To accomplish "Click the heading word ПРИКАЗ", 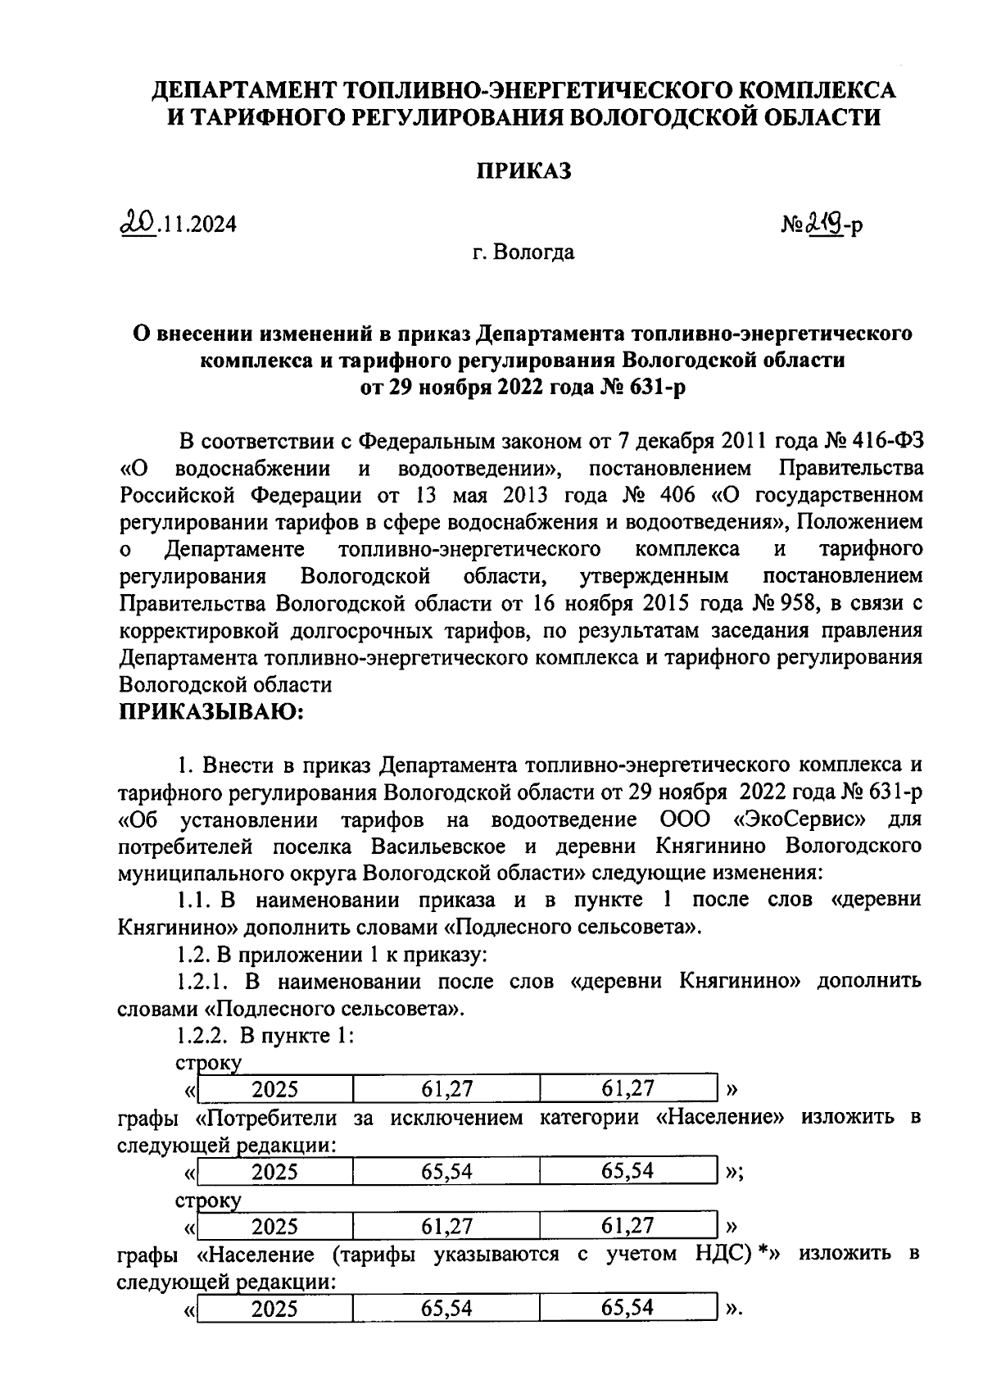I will [523, 171].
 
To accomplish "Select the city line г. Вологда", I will [523, 252].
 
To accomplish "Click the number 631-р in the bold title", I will [656, 386].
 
